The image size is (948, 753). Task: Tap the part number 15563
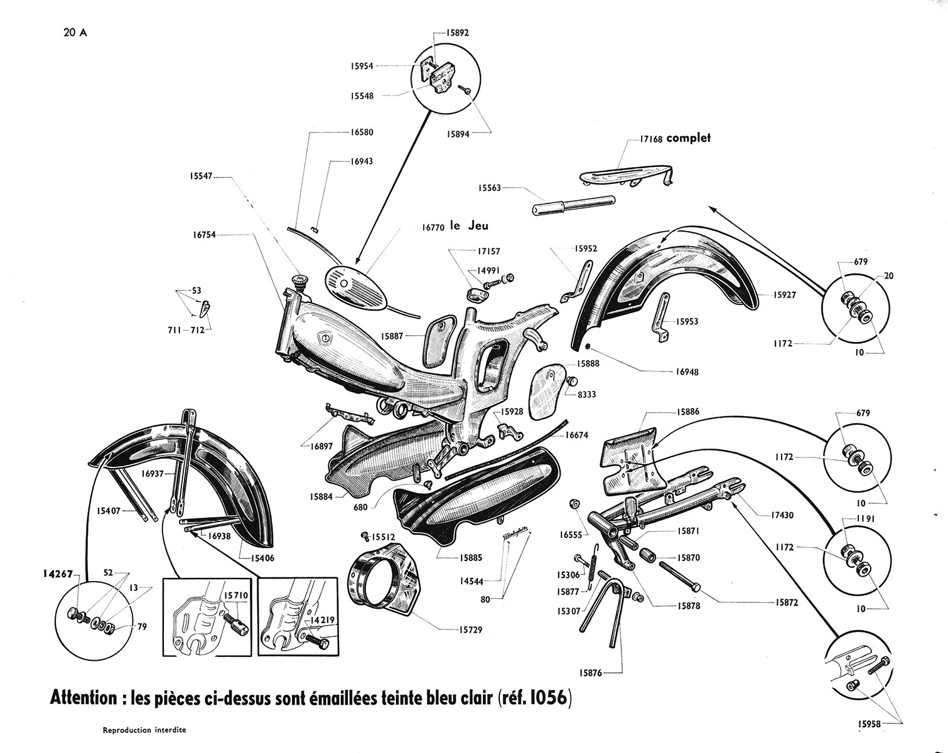click(490, 187)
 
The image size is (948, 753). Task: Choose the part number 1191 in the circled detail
click(858, 520)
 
